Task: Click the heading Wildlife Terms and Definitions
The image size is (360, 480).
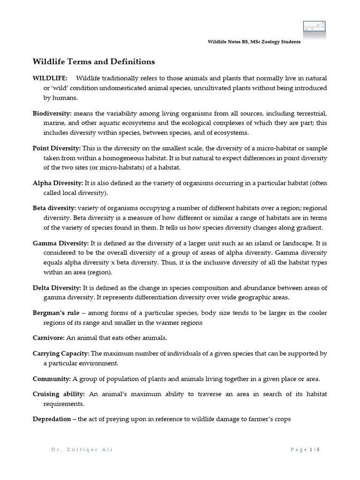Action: (93, 62)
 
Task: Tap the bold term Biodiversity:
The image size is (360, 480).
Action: (52, 114)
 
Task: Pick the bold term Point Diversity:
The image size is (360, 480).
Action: (57, 148)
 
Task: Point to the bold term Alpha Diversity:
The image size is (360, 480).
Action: (58, 183)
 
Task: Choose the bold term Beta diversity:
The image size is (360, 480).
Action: (54, 208)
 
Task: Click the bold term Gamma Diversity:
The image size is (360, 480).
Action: (60, 243)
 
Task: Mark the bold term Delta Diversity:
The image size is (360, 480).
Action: (57, 287)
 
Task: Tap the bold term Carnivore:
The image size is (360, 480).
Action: (50, 338)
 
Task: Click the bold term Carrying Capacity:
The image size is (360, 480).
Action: (60, 353)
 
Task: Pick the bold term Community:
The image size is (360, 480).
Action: (52, 379)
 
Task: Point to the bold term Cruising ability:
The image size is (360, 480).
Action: (59, 394)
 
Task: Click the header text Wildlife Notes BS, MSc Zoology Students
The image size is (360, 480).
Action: (254, 42)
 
